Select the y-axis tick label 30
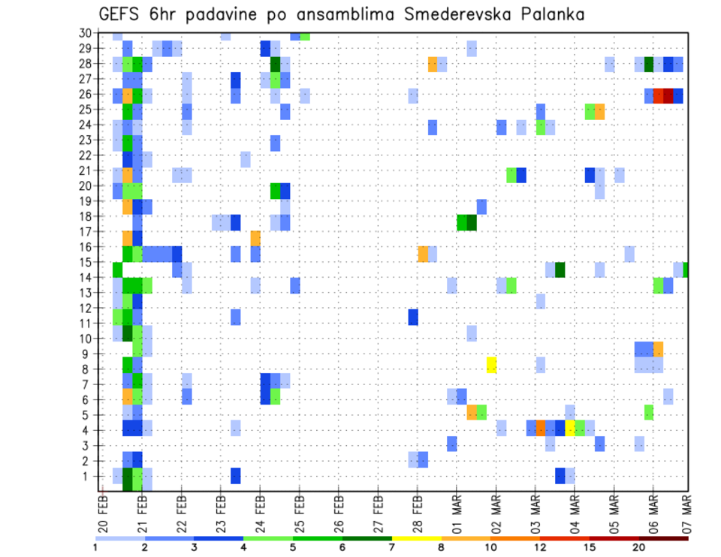[x=86, y=33]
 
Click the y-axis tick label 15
[x=86, y=262]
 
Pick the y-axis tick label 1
[x=88, y=476]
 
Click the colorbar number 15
[x=589, y=547]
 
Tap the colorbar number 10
[x=490, y=547]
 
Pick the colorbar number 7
[x=392, y=547]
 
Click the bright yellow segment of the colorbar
[x=416, y=537]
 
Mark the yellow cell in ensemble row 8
[x=492, y=365]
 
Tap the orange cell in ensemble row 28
[x=433, y=64]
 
